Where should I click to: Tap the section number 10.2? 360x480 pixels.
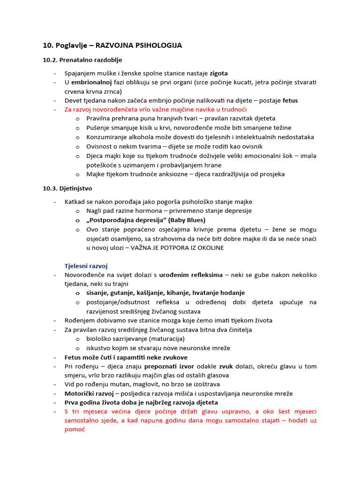coord(50,60)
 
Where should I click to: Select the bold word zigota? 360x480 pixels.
coord(218,73)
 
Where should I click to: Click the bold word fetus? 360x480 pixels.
coord(290,100)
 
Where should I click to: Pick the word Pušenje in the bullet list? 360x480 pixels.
coord(99,128)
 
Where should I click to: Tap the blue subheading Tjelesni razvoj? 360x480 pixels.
coord(86,266)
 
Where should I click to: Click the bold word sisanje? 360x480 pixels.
coord(98,293)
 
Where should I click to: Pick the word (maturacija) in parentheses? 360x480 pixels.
coord(166,339)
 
